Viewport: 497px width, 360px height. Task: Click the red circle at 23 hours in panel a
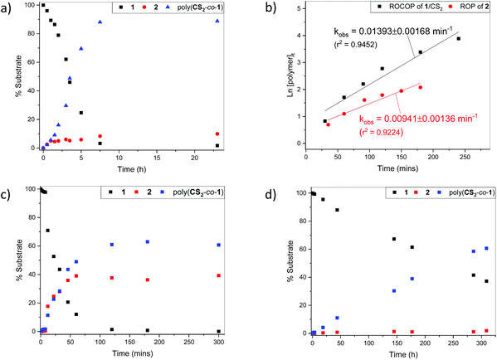[x=217, y=134]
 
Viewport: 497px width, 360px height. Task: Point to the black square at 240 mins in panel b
[x=458, y=38]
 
